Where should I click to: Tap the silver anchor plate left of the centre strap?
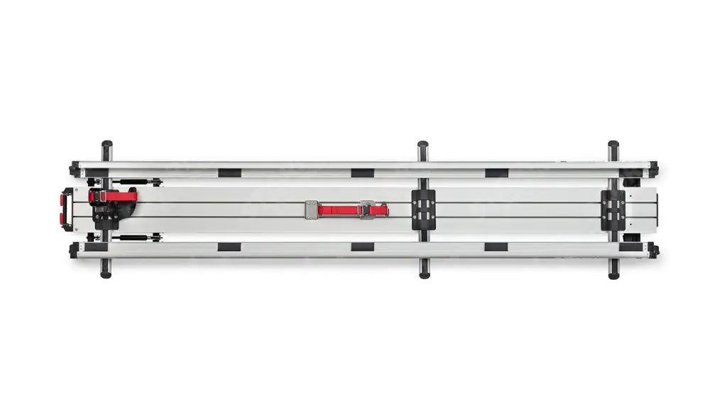click(x=311, y=210)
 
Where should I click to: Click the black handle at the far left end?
click(x=66, y=209)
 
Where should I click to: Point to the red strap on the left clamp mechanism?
click(x=114, y=195)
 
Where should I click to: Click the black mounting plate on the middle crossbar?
click(x=423, y=209)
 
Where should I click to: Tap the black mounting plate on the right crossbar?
click(x=613, y=209)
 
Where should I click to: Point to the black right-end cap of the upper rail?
click(x=652, y=169)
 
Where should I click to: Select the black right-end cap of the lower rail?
click(x=652, y=250)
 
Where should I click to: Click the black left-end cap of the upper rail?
click(x=74, y=170)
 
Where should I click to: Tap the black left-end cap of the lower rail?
click(x=74, y=250)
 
